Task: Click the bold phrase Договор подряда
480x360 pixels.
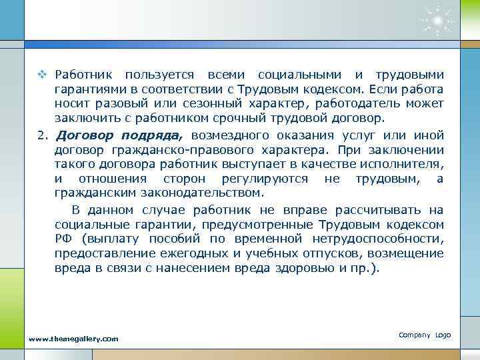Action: pos(120,136)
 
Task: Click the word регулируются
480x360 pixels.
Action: pos(261,179)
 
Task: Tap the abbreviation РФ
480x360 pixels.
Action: pos(65,239)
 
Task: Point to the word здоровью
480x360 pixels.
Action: pos(318,268)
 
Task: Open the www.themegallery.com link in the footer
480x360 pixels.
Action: pos(73,339)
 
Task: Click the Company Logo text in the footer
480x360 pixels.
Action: pos(425,334)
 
